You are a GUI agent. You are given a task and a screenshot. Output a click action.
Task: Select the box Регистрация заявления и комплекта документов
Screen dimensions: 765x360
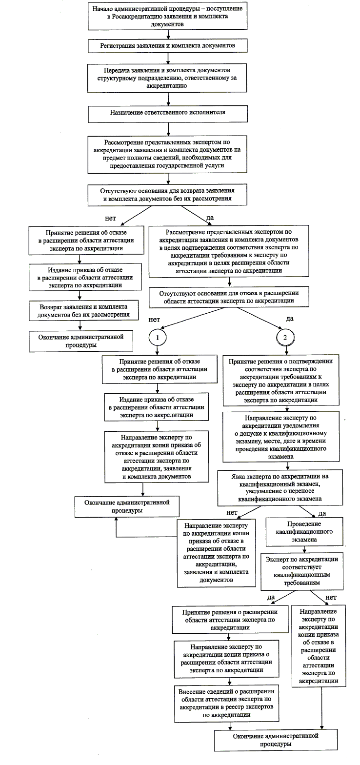[168, 45]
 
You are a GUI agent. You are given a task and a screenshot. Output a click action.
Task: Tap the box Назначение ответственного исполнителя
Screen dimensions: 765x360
[168, 113]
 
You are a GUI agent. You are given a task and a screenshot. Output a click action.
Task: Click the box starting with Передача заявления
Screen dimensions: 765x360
[168, 78]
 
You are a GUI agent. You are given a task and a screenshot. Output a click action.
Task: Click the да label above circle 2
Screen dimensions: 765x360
[289, 319]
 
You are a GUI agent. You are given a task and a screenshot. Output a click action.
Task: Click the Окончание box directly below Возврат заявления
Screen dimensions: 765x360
[81, 341]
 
